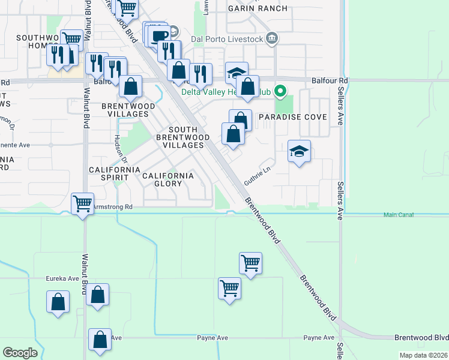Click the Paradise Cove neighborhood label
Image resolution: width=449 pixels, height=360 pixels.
(x=292, y=117)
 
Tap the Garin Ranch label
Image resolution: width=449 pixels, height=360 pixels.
(x=258, y=8)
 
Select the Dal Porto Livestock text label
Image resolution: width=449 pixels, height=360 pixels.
(x=227, y=40)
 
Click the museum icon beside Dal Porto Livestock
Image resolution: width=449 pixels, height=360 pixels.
(x=272, y=39)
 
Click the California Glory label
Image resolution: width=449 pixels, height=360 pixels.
(x=168, y=179)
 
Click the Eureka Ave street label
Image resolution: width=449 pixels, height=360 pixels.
(x=62, y=278)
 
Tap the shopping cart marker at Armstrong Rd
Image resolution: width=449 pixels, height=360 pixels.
(x=82, y=203)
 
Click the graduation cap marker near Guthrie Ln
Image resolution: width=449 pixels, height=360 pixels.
(x=299, y=151)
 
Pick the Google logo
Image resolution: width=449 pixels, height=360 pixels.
(x=20, y=353)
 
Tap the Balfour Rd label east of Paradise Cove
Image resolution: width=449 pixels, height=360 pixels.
(x=330, y=80)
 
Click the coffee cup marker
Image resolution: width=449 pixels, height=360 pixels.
(x=160, y=36)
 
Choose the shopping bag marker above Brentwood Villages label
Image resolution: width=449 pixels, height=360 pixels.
(x=130, y=86)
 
